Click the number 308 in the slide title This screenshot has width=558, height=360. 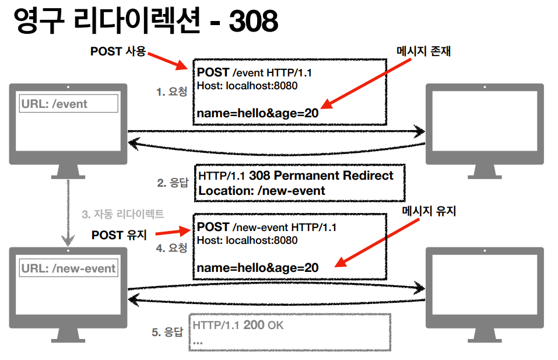(x=253, y=22)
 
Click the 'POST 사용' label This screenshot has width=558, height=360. (x=117, y=51)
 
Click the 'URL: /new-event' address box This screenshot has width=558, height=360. (x=69, y=269)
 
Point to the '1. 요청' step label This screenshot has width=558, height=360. (x=171, y=92)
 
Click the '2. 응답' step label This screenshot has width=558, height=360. (x=173, y=183)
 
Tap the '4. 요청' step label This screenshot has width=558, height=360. (x=171, y=248)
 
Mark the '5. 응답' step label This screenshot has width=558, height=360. (x=168, y=333)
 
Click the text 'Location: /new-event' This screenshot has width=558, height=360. (x=262, y=190)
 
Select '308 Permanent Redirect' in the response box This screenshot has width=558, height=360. (x=321, y=176)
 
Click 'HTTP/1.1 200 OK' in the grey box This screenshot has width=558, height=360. (x=238, y=325)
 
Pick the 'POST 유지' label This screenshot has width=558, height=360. (x=120, y=235)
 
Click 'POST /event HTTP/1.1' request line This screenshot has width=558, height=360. (x=255, y=73)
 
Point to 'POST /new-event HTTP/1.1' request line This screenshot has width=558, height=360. (x=266, y=227)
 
